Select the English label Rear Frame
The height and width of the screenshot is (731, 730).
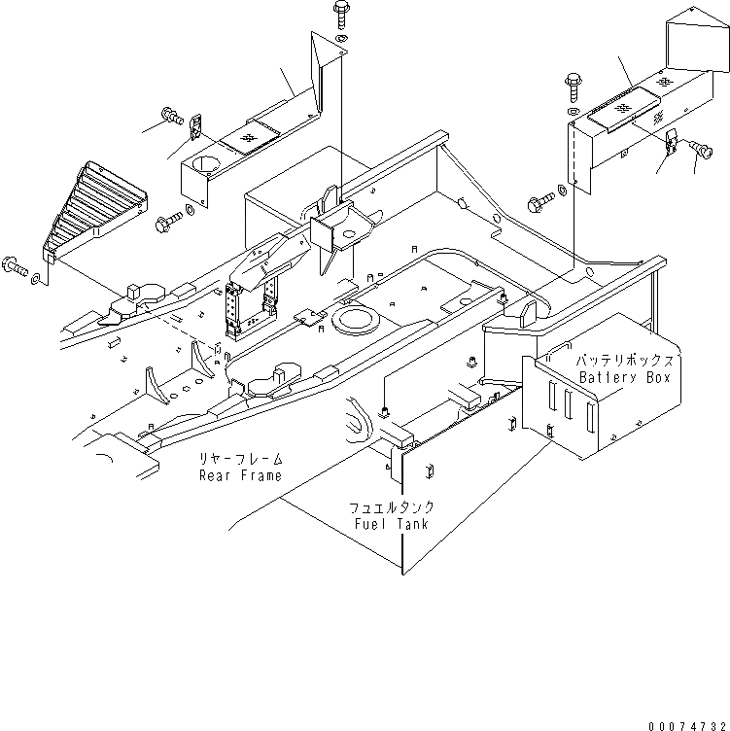click(240, 475)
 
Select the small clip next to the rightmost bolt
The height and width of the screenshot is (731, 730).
click(673, 142)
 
